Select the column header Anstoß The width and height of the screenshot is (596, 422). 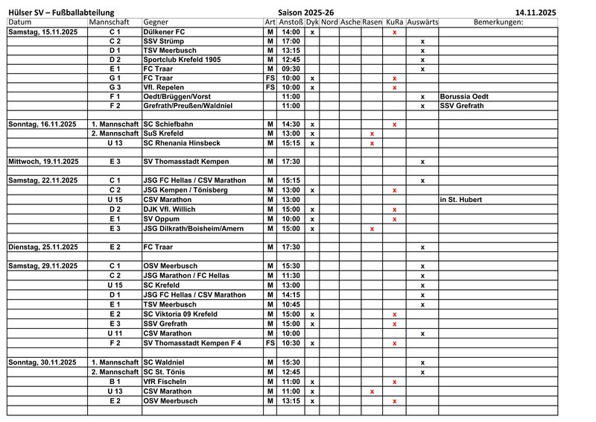pyautogui.click(x=291, y=22)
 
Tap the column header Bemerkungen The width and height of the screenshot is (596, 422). pyautogui.click(x=498, y=22)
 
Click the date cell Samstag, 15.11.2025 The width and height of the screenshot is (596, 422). pyautogui.click(x=42, y=32)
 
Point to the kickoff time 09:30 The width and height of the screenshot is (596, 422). pyautogui.click(x=291, y=69)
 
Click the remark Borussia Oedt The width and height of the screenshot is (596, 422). pyautogui.click(x=464, y=96)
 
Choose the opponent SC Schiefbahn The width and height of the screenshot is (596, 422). pyautogui.click(x=171, y=124)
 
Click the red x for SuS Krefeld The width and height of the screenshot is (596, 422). pyautogui.click(x=372, y=133)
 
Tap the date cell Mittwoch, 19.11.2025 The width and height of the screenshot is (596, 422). pyautogui.click(x=43, y=161)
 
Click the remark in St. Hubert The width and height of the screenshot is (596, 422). pyautogui.click(x=461, y=200)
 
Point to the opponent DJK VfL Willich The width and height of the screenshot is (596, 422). pyautogui.click(x=174, y=210)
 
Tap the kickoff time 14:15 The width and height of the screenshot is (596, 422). pyautogui.click(x=291, y=295)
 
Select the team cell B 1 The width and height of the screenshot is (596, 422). pyautogui.click(x=114, y=381)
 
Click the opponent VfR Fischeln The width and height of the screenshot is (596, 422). pyautogui.click(x=165, y=381)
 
